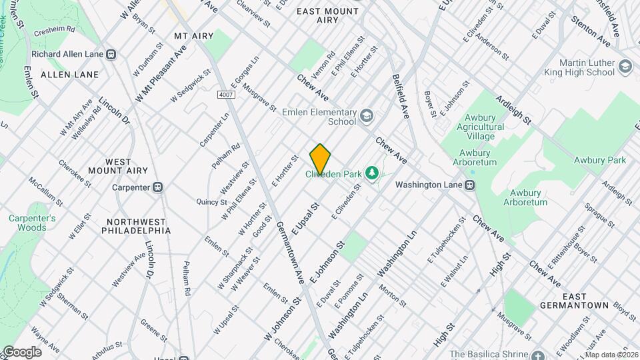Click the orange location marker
(x=320, y=159)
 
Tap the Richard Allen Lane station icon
(x=111, y=55)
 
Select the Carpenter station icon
(x=158, y=187)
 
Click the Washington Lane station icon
(x=470, y=185)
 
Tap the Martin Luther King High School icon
(x=625, y=67)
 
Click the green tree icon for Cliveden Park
(x=372, y=174)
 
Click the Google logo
(x=21, y=351)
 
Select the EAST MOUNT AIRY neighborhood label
(x=327, y=16)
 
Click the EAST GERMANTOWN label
(x=585, y=301)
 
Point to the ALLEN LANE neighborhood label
(x=65, y=75)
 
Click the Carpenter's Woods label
(x=32, y=223)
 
